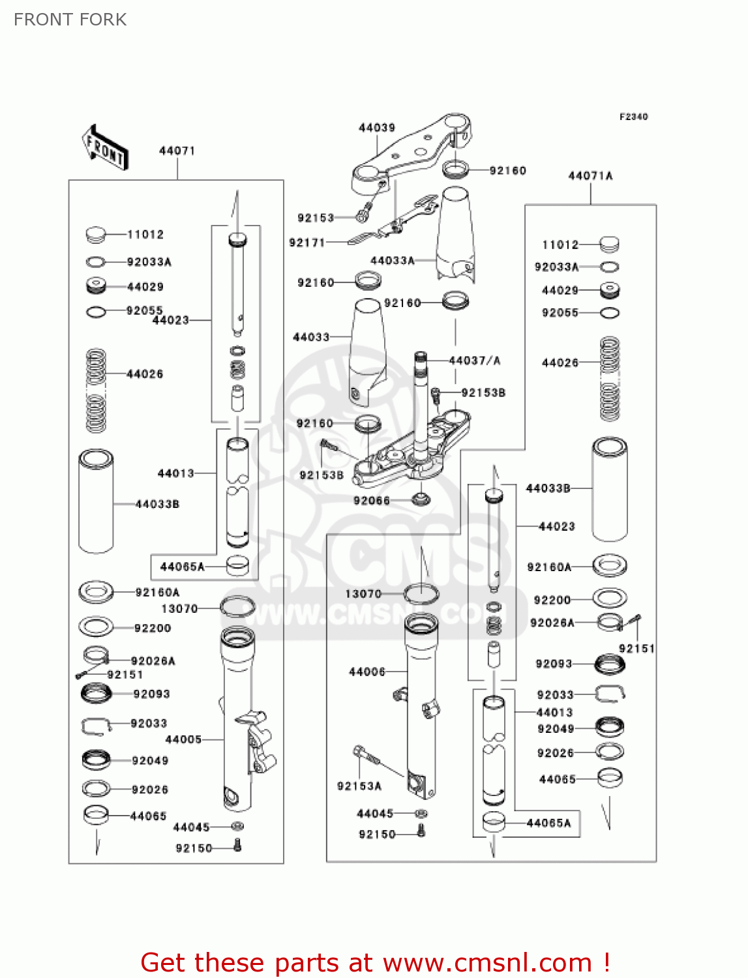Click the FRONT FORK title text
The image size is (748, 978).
tap(70, 20)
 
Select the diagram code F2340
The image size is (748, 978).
tap(633, 117)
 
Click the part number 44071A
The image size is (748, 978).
tap(590, 175)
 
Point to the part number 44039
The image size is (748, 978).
tap(377, 128)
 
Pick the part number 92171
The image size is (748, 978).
tap(307, 243)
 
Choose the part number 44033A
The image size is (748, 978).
tap(393, 260)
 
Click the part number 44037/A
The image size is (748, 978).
tap(475, 361)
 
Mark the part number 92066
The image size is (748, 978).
tap(372, 501)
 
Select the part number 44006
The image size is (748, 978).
tap(367, 672)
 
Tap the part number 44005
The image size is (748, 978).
tap(183, 739)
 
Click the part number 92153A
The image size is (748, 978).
tap(359, 786)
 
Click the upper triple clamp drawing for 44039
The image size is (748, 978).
tap(411, 153)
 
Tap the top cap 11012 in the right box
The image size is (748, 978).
tap(609, 244)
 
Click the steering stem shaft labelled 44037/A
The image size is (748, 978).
tap(421, 404)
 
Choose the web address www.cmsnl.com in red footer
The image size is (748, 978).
tap(487, 963)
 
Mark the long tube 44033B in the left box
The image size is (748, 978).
tap(96, 501)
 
